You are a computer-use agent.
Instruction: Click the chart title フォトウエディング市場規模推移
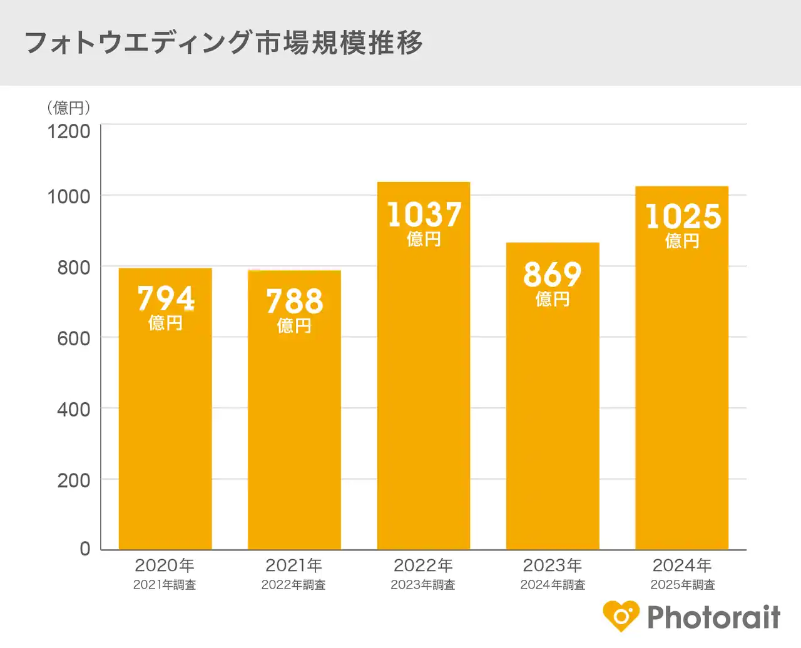click(223, 43)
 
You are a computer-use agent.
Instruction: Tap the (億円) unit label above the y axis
click(69, 108)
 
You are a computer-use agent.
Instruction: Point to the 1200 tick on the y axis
click(69, 131)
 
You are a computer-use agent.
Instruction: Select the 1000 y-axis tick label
click(69, 196)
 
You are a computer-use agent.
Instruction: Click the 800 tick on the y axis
click(74, 268)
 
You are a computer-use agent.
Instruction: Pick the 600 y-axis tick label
click(74, 338)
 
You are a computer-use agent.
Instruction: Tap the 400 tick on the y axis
click(74, 410)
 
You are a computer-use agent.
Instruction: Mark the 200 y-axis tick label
click(74, 480)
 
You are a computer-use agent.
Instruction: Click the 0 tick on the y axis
click(85, 549)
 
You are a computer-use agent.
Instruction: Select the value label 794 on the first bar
click(166, 298)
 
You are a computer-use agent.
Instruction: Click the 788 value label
click(295, 301)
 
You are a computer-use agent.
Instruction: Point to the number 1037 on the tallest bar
click(424, 215)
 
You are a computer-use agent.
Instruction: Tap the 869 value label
click(553, 275)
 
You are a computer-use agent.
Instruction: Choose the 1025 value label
click(683, 216)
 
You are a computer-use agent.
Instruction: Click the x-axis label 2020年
click(165, 565)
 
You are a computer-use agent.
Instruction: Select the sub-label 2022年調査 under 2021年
click(293, 585)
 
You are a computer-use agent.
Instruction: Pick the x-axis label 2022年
click(423, 565)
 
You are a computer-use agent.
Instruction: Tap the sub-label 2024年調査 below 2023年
click(553, 585)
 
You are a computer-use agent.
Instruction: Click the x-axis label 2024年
click(682, 565)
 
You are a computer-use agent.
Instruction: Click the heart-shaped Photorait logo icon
click(621, 616)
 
